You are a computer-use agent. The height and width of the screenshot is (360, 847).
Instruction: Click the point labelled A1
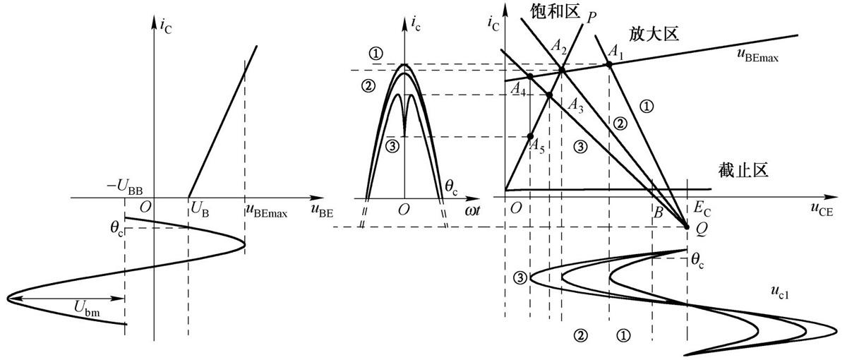(x=608, y=65)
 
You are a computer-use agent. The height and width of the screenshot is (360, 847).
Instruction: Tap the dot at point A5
(x=530, y=136)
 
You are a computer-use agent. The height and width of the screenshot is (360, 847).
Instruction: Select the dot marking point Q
(x=687, y=227)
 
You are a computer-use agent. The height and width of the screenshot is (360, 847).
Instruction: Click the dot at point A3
(x=549, y=95)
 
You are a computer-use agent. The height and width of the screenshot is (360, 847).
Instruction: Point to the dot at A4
(x=530, y=76)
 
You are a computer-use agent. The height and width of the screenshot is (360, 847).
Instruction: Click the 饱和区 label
(x=555, y=11)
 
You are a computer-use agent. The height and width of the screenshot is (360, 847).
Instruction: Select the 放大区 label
(x=654, y=34)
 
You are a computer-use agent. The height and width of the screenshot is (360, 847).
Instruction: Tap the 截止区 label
(x=743, y=170)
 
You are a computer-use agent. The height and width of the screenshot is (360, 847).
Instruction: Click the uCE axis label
(x=822, y=210)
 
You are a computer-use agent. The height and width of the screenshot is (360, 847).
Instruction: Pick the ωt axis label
(x=472, y=210)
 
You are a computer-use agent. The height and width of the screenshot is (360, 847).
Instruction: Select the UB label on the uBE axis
(x=200, y=209)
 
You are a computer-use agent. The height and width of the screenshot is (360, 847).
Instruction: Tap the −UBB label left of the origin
(x=125, y=187)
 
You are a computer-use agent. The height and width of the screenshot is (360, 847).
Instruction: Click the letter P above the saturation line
(x=591, y=18)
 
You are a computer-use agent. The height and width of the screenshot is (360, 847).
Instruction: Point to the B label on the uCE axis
(x=659, y=212)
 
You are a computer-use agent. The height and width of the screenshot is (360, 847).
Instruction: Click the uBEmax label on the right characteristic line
(x=758, y=55)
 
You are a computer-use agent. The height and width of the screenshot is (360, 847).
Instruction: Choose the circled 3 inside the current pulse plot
(x=392, y=146)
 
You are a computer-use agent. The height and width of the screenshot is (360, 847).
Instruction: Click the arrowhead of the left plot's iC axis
(x=154, y=22)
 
